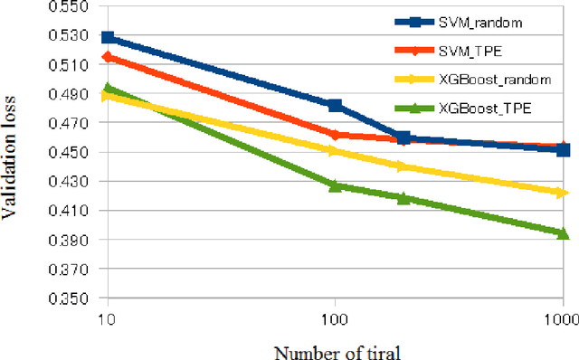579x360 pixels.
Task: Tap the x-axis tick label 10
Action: pyautogui.click(x=108, y=318)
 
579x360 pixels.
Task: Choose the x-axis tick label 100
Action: pyautogui.click(x=335, y=318)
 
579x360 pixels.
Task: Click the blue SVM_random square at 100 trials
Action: pyautogui.click(x=335, y=106)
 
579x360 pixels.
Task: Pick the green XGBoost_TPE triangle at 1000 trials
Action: pyautogui.click(x=563, y=233)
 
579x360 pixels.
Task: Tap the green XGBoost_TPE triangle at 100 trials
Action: pyautogui.click(x=335, y=185)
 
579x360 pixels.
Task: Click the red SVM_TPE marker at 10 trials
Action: pyautogui.click(x=109, y=57)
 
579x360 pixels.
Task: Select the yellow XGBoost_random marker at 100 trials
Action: pyautogui.click(x=335, y=151)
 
